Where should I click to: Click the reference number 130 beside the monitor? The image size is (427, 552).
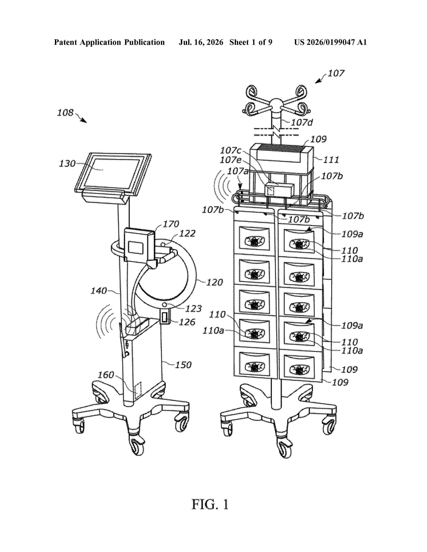67,164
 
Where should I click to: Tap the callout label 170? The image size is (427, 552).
171,224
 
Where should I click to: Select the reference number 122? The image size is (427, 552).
187,233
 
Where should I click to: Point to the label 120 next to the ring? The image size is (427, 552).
215,282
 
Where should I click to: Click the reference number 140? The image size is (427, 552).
99,291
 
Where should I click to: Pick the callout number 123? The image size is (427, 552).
194,309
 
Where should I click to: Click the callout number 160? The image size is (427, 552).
106,375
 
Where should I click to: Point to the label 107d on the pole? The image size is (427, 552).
302,123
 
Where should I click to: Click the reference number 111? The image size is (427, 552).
331,160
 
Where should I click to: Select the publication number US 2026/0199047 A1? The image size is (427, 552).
330,42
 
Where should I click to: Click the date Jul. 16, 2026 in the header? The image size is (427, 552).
201,42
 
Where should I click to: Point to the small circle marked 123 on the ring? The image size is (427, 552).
165,305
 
